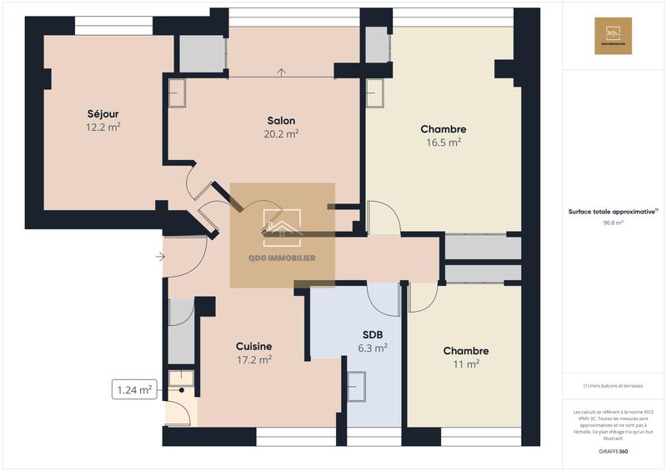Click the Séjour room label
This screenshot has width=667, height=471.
tap(103, 113)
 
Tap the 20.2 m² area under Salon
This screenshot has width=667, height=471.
tap(281, 133)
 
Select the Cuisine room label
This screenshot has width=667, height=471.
tap(253, 346)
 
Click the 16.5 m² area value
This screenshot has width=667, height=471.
tap(443, 143)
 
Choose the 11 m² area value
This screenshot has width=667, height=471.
tap(465, 364)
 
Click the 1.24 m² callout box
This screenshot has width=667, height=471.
tap(134, 389)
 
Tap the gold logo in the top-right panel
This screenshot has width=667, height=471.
tap(613, 36)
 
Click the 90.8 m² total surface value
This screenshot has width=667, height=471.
tap(613, 223)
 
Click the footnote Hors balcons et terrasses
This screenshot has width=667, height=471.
tap(613, 386)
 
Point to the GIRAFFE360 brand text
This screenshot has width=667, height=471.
tap(613, 451)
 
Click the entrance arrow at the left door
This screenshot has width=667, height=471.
tap(160, 257)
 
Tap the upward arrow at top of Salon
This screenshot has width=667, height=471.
tap(282, 73)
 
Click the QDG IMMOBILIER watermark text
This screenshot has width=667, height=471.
tap(282, 258)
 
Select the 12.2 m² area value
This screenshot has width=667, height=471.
tap(103, 128)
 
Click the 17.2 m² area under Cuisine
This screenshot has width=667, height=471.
tap(253, 360)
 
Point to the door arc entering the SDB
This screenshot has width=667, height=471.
tap(384, 302)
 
